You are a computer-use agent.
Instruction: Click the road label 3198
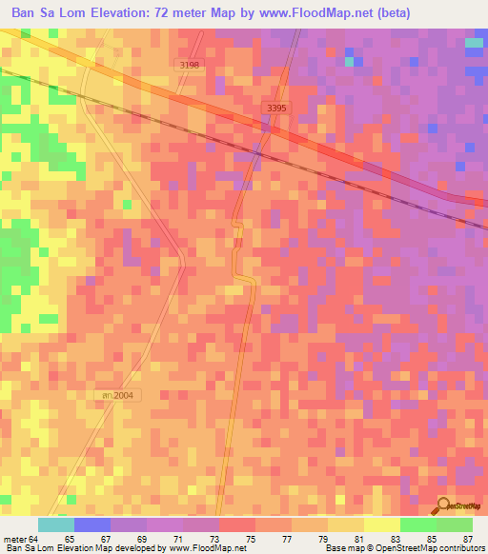pos(189,65)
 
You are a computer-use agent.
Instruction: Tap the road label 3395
pos(276,109)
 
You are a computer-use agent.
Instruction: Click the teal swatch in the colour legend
pos(56,524)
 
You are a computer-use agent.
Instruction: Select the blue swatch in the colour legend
pos(92,524)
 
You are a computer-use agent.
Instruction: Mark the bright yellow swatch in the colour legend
pos(381,524)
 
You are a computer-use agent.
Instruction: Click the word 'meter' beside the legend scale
pos(13,538)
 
